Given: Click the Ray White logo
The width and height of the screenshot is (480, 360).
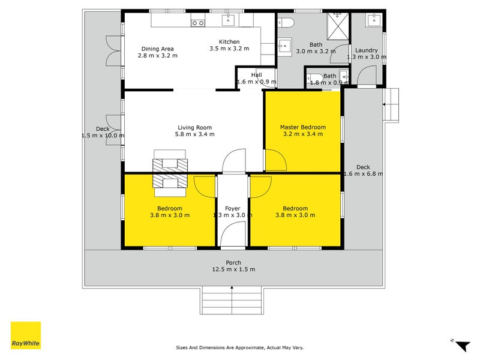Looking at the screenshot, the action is coord(26,335).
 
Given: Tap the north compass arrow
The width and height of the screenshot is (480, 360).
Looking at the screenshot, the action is coord(461,345).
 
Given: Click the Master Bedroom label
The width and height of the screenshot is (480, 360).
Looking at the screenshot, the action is coord(303,127).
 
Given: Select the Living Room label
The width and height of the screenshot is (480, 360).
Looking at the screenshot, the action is coord(194,127).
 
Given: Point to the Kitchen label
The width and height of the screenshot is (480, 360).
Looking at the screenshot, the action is coord(229,41).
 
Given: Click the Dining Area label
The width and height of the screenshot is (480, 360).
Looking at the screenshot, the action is coord(157,49).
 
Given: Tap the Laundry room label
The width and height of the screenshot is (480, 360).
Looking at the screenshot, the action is coord(366,50).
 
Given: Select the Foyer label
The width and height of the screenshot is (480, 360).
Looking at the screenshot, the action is coord(232,208).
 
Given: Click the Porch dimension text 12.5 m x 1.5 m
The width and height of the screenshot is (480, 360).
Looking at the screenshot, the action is coord(233,269).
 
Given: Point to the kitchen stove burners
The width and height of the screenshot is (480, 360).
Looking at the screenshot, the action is coord(197,23).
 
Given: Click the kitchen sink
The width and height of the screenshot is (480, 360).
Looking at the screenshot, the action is coord(228,20).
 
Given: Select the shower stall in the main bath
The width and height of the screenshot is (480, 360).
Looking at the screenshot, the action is coord(338,26).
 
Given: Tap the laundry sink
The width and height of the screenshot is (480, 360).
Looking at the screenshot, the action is coord(374,20).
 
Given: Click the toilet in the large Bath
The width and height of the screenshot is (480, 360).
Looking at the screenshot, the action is coord(286,23).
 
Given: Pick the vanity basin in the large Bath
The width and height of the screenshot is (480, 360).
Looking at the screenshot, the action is coord(284,46).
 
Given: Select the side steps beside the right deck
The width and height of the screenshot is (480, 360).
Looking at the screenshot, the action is coord(391,105).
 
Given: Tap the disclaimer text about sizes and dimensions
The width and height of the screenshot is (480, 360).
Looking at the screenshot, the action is coord(239,347).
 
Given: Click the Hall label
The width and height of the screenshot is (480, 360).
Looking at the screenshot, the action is coord(257,74).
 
